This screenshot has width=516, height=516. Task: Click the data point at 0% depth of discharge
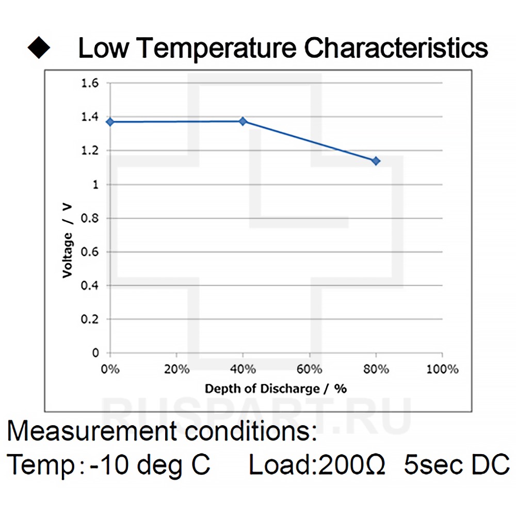click(110, 122)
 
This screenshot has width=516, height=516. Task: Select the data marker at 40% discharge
click(243, 121)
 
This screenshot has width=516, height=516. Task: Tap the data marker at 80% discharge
click(376, 161)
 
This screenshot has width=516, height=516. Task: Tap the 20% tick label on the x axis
click(176, 369)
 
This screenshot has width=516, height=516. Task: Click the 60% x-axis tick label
click(309, 369)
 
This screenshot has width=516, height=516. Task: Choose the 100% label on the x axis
click(442, 369)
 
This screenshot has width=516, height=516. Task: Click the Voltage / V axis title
click(67, 240)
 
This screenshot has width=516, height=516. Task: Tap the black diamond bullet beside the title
click(39, 48)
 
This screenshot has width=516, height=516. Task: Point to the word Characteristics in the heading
click(396, 48)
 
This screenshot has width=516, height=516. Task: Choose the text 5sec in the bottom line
click(432, 465)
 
